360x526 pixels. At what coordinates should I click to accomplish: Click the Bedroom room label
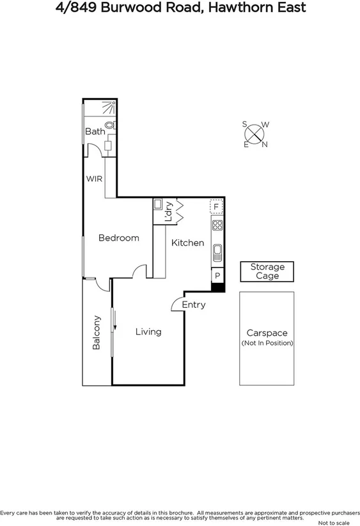118,238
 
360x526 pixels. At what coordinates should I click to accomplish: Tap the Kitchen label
187,243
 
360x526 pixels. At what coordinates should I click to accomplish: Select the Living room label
148,331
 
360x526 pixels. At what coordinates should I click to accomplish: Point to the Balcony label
97,332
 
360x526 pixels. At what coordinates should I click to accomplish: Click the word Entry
194,305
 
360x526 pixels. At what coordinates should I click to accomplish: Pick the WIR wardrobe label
95,179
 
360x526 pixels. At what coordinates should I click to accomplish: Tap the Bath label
95,131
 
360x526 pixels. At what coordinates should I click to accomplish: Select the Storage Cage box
267,271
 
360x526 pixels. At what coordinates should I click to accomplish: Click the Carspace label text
267,333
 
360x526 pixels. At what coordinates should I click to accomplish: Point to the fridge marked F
217,207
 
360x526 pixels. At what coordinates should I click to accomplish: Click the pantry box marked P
217,276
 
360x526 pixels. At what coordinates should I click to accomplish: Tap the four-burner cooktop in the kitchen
217,225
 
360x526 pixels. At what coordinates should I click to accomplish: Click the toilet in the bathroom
109,125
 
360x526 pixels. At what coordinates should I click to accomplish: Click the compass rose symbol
255,134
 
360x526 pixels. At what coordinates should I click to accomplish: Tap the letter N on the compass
265,144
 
